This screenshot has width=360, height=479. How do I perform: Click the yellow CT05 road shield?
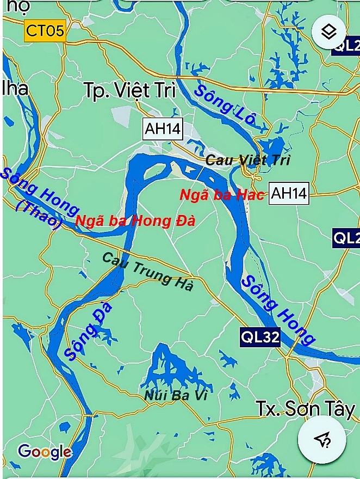tap(45, 30)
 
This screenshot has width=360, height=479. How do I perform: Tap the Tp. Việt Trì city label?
tap(130, 90)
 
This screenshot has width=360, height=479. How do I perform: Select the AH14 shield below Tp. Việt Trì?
tap(162, 128)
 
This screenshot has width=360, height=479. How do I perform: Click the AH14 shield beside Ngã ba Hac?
tap(289, 193)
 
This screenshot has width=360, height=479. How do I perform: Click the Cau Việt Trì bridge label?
tap(248, 160)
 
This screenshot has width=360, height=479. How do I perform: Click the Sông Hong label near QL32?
tap(277, 310)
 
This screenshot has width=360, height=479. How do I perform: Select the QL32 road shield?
tap(260, 337)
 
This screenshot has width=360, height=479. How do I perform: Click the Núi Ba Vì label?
tap(176, 396)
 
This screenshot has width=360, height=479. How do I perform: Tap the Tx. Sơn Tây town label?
tap(305, 409)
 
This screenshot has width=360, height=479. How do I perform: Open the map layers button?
tap(328, 32)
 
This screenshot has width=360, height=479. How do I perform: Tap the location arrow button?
tap(322, 440)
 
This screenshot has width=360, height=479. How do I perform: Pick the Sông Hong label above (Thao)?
tap(38, 191)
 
